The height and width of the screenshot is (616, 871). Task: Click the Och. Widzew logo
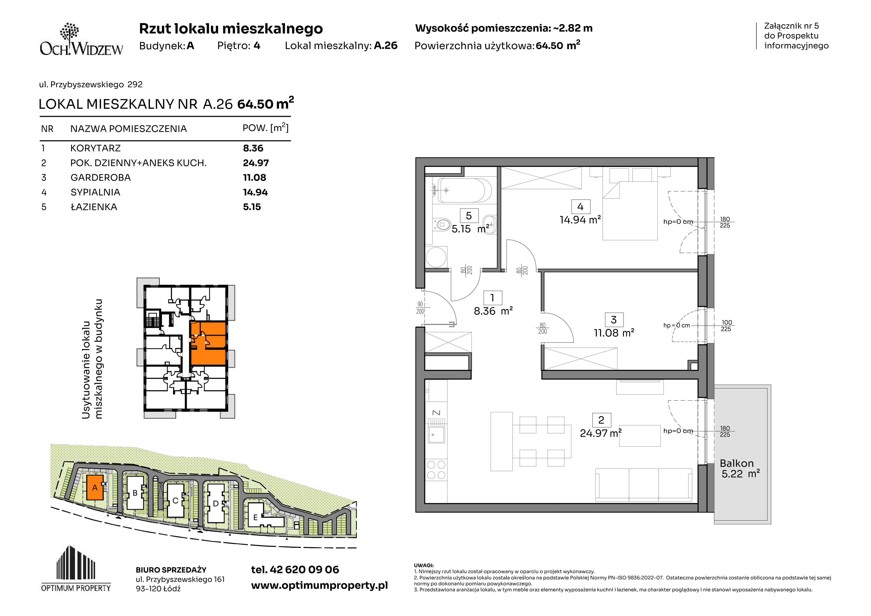click(81, 40)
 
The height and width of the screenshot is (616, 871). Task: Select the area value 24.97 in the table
click(256, 163)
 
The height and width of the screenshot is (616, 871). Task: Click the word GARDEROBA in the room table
click(101, 178)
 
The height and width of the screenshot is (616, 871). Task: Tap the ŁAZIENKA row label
click(94, 207)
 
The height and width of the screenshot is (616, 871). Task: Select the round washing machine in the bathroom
click(436, 257)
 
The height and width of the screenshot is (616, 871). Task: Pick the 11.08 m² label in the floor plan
click(614, 333)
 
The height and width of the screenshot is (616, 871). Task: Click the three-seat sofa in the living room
click(644, 485)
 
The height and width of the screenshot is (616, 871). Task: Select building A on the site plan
click(95, 487)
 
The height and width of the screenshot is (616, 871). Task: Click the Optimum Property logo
click(76, 568)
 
